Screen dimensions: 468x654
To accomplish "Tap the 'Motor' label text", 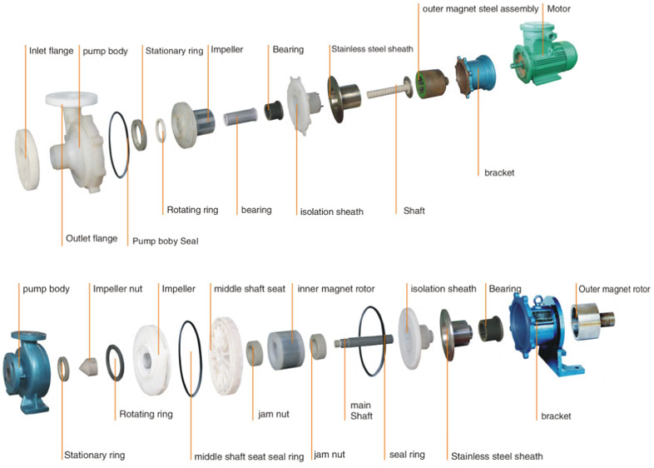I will (x=558, y=9).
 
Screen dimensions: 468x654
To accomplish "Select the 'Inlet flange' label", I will (x=52, y=51).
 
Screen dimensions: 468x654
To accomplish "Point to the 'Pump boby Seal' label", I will (x=166, y=241).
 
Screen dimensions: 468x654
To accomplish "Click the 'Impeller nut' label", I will (x=117, y=289).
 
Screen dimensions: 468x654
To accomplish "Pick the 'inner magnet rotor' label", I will (x=336, y=289).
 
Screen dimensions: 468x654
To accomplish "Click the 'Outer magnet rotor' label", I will (x=615, y=289).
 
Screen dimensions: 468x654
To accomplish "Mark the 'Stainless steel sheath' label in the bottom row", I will (x=496, y=456).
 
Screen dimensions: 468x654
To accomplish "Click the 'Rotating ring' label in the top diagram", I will (x=192, y=210).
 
